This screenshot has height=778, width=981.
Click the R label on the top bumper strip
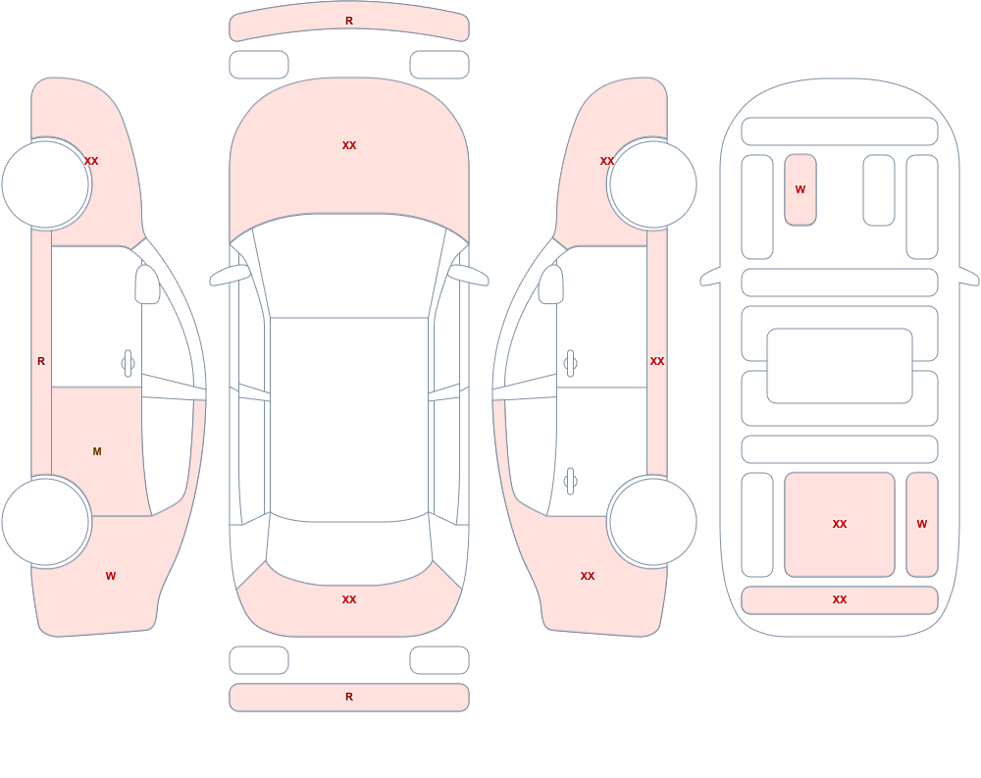coord(349,22)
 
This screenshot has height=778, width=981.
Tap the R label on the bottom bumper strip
coord(349,697)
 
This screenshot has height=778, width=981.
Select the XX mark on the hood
coord(349,145)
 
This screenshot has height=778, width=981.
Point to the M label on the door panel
coord(97,451)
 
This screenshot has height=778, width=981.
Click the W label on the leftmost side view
coord(111,576)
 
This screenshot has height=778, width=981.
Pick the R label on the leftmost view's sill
coord(41,361)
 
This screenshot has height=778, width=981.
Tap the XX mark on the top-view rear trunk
coord(349,599)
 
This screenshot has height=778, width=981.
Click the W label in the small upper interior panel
coord(800,189)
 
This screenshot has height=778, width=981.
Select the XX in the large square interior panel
coord(840,524)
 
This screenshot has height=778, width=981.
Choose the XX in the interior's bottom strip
coord(840,599)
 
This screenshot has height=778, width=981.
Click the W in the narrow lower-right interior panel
coord(922,524)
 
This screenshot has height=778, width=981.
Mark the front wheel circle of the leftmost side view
coord(45,184)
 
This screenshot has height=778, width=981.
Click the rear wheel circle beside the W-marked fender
coord(45,521)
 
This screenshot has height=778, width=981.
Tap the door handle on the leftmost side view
coord(128,364)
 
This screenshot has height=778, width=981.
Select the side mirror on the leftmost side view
coord(148,285)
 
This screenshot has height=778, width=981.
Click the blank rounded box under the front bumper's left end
coord(259,65)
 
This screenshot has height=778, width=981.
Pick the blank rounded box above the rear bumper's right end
coord(439,659)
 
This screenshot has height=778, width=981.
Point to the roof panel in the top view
coord(349,419)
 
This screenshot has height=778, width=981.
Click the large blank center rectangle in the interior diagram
coord(840,366)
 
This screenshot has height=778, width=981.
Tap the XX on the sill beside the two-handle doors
coord(657,361)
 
